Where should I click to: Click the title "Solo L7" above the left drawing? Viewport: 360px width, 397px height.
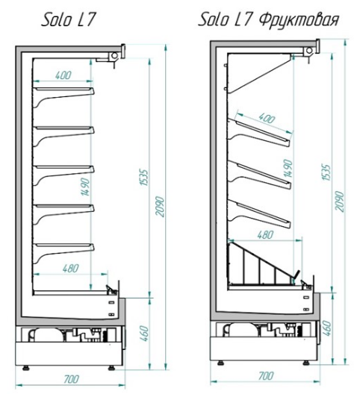[68, 20]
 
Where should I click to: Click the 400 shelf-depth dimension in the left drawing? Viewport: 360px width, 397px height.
[63, 75]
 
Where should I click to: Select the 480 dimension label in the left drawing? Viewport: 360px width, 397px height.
[70, 268]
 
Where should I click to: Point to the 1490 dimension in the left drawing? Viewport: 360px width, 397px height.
[86, 187]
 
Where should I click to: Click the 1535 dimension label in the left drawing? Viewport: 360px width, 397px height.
[143, 178]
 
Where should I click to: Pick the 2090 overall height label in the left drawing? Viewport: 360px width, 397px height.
[160, 207]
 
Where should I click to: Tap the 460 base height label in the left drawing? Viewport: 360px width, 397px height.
[143, 334]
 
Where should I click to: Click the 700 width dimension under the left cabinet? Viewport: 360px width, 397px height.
[71, 379]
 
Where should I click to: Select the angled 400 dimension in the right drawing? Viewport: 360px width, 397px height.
[266, 118]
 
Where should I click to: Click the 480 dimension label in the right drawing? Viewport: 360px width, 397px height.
[265, 235]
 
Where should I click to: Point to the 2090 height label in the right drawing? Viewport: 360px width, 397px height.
[340, 201]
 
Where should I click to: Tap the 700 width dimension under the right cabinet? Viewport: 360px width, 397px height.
[266, 376]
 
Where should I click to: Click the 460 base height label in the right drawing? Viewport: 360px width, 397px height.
[327, 328]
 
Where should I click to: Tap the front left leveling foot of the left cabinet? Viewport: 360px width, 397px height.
[26, 367]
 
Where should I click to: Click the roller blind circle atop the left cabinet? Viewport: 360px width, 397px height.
[115, 55]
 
